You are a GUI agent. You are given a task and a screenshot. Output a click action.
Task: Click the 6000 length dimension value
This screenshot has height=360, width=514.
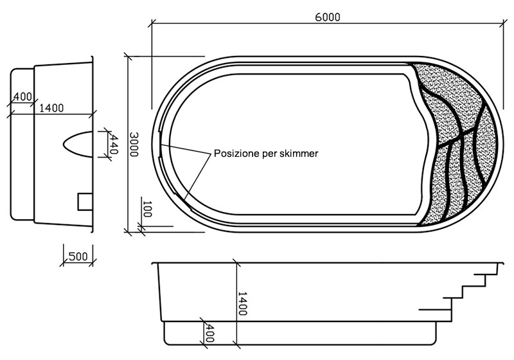[327, 17]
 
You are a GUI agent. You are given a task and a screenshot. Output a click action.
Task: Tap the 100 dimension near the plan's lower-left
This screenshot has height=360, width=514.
[146, 209]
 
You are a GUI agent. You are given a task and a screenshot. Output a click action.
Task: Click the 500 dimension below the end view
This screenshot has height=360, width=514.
[77, 256]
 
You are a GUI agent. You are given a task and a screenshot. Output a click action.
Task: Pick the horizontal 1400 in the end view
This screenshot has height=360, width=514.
[51, 108]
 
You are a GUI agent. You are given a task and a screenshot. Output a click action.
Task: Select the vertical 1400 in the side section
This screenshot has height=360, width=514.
[242, 303]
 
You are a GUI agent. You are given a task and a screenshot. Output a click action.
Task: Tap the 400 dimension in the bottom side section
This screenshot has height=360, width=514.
[209, 332]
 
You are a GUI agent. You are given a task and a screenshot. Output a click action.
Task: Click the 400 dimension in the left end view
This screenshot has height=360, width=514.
[22, 96]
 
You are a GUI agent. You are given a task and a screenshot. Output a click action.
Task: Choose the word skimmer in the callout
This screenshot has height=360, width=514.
[299, 154]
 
